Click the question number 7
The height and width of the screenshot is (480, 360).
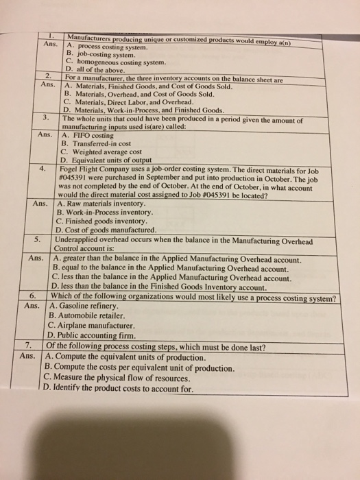pos(28,346)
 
